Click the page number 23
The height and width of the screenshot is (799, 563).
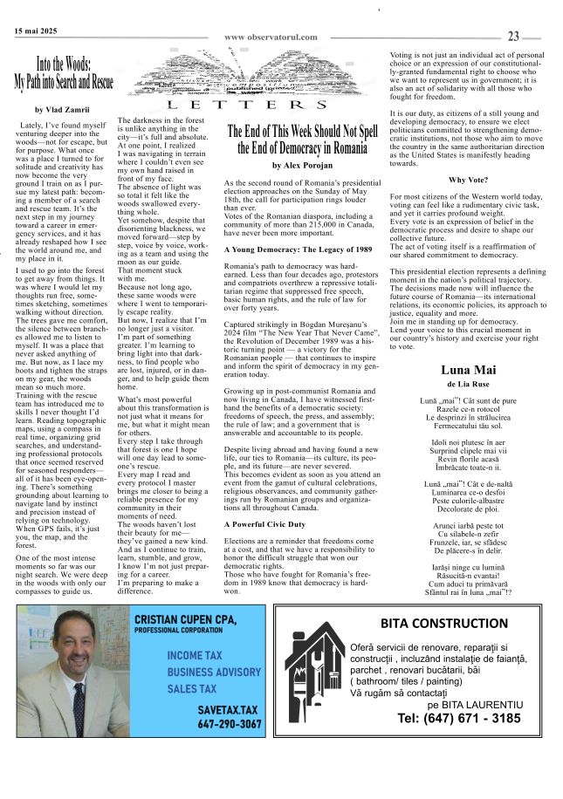513,36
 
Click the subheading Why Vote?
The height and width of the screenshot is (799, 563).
466,180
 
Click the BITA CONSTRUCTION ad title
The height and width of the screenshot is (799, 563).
443,624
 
